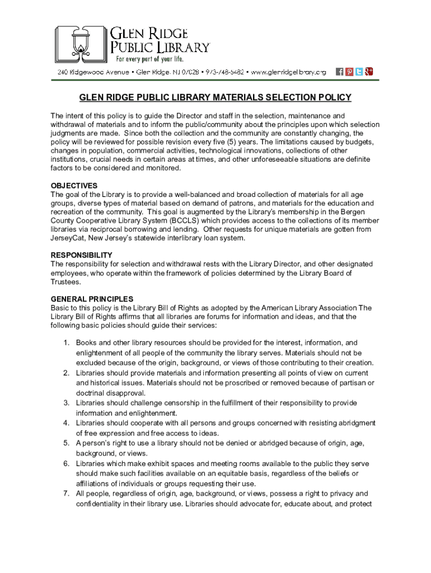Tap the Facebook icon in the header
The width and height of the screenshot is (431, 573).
[x=339, y=72]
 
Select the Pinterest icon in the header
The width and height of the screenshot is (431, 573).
[x=349, y=72]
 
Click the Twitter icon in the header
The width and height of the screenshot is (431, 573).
[x=359, y=72]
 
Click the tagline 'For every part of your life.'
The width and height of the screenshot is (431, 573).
[x=149, y=59]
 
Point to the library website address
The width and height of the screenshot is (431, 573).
[x=288, y=72]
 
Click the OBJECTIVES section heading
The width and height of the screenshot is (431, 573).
[x=74, y=186]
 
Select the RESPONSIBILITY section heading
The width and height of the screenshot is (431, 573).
[x=82, y=255]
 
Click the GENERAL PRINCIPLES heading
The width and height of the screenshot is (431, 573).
[x=92, y=299]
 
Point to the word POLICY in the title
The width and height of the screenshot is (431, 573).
[x=331, y=98]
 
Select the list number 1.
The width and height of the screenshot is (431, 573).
[x=65, y=342]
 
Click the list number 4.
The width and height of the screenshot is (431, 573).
[x=65, y=423]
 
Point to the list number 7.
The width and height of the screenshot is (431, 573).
[x=65, y=494]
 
